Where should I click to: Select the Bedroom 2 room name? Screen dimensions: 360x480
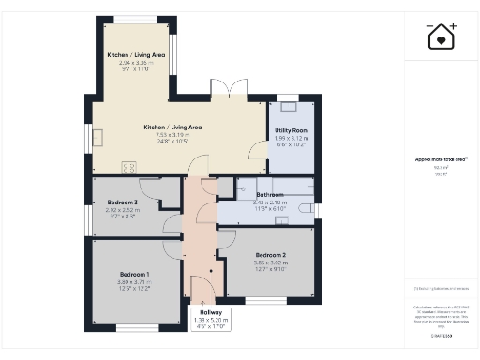click(270, 255)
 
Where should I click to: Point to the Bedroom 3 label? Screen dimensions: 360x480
click(122, 202)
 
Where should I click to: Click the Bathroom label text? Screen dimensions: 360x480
click(270, 195)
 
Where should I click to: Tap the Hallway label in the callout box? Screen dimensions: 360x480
click(210, 312)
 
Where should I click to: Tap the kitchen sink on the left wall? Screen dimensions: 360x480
click(99, 137)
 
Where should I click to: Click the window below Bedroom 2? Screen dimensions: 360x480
click(262, 299)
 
